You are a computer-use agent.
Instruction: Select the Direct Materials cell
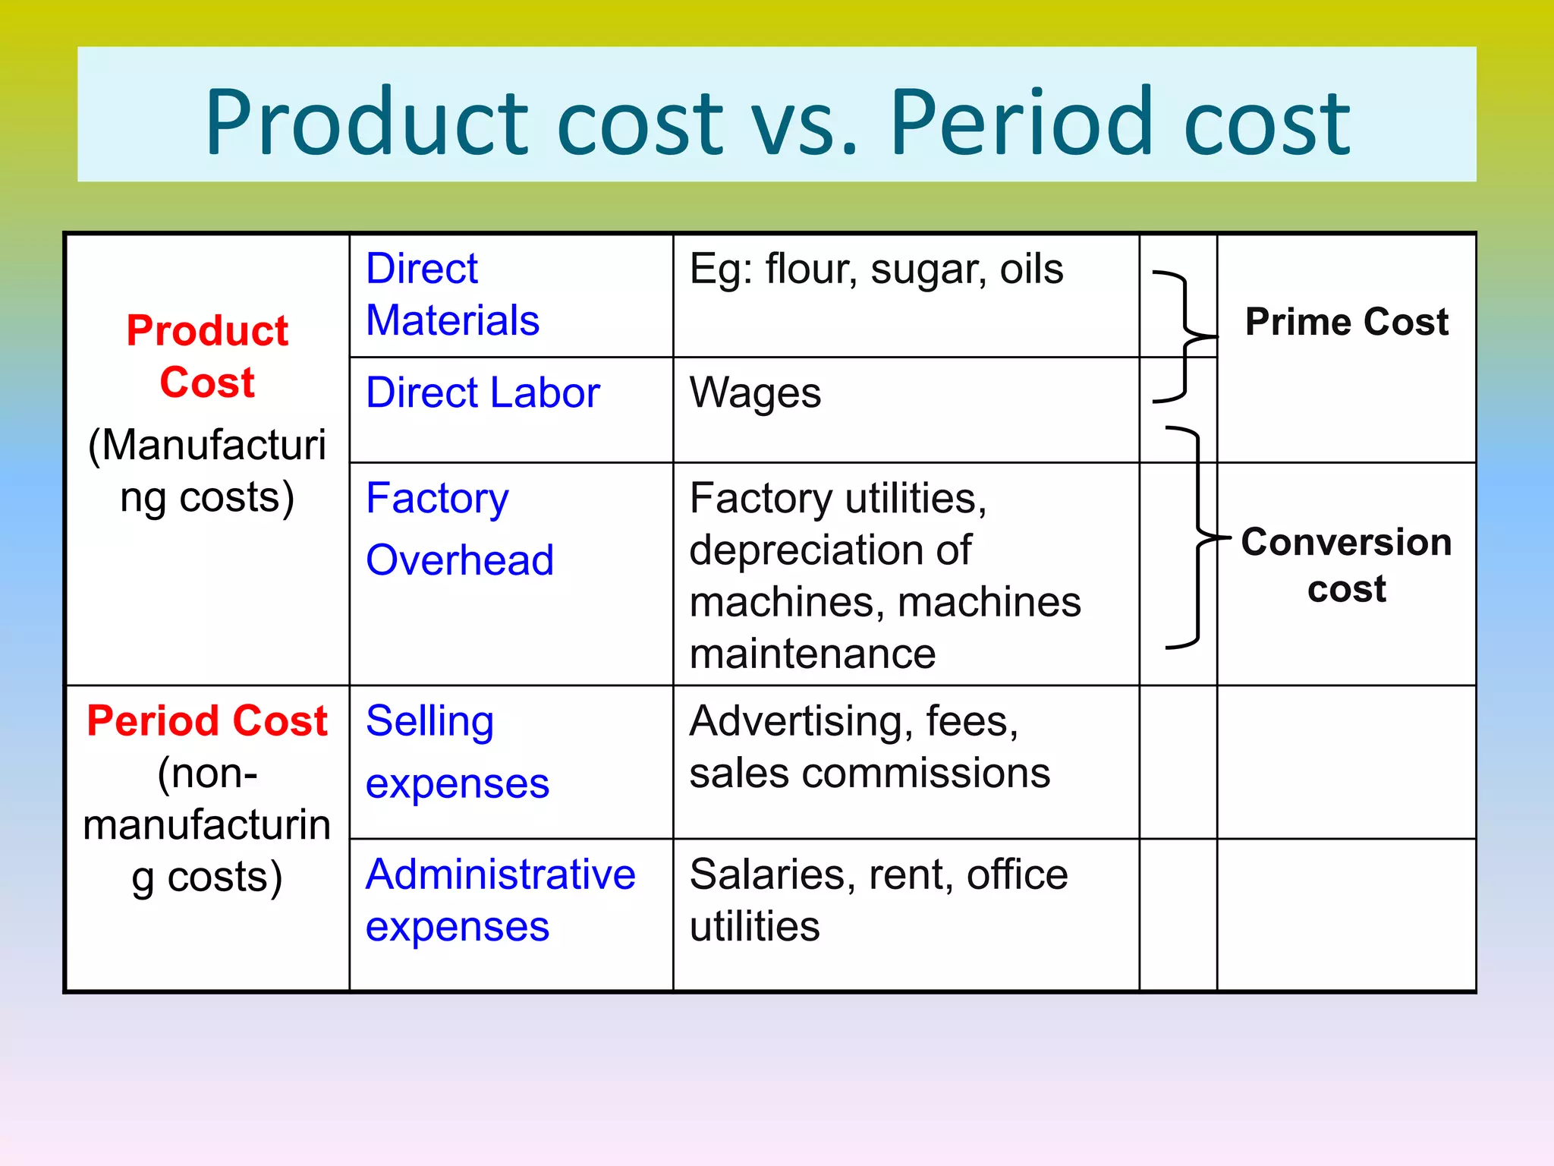[x=452, y=295]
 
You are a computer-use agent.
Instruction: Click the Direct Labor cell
[x=483, y=393]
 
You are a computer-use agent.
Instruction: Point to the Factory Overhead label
[x=460, y=529]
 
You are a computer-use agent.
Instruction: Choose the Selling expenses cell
[x=457, y=752]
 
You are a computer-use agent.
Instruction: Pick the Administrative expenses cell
[x=500, y=900]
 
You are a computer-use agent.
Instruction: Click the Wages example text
[x=755, y=393]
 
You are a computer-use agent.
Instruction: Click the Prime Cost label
[x=1346, y=322]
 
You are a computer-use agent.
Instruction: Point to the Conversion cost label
[x=1346, y=565]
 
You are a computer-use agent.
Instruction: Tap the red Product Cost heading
[x=207, y=356]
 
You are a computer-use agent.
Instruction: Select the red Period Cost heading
[x=207, y=720]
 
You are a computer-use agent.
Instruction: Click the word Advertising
[x=801, y=722]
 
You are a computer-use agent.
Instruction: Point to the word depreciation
[x=830, y=550]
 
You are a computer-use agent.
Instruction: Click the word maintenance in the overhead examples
[x=813, y=654]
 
